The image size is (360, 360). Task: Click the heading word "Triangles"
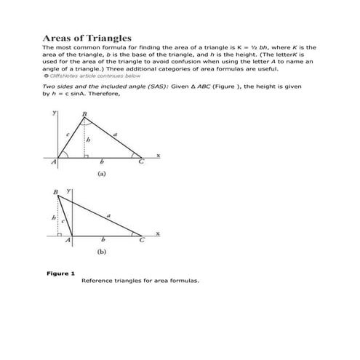click(x=107, y=38)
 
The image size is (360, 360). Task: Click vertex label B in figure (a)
click(x=85, y=114)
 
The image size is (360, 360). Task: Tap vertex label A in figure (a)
click(x=54, y=162)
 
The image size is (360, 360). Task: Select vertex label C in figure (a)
click(x=142, y=162)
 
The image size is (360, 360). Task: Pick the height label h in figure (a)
click(x=89, y=139)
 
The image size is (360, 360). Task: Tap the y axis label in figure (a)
click(x=55, y=114)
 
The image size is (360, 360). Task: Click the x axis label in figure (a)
click(x=159, y=156)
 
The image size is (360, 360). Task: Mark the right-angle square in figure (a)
click(x=87, y=155)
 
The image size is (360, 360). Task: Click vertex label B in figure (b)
click(x=56, y=193)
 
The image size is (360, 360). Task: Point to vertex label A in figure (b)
click(x=70, y=240)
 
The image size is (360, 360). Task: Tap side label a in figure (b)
click(x=109, y=215)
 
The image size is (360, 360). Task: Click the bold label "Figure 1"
click(x=60, y=273)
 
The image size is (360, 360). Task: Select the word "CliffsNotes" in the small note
click(x=67, y=76)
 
